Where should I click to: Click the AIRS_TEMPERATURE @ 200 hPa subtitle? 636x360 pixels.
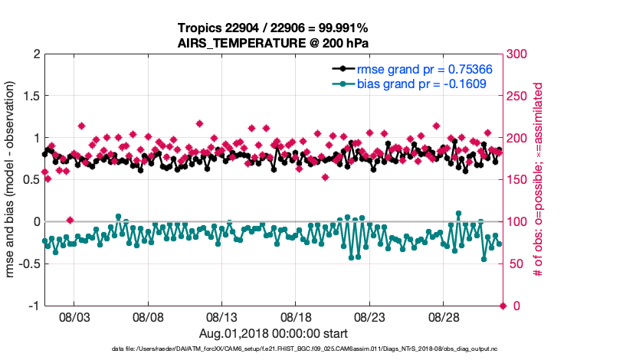tap(274, 42)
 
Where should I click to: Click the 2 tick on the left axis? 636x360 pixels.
tap(35, 54)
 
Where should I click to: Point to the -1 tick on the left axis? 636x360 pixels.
tap(33, 306)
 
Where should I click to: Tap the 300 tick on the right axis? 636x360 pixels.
tap(519, 54)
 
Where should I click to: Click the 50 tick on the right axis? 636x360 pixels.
tap(516, 263)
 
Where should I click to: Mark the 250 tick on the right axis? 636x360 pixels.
tap(519, 97)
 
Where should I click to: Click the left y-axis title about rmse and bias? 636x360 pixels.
tap(12, 180)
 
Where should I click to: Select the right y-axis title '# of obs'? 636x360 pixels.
tap(539, 180)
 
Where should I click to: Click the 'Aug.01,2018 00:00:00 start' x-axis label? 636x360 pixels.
tap(274, 333)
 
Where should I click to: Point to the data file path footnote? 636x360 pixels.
tap(274, 349)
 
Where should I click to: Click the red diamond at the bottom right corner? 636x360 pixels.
tap(503, 306)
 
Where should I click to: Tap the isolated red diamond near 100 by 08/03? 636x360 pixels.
tap(70, 221)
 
